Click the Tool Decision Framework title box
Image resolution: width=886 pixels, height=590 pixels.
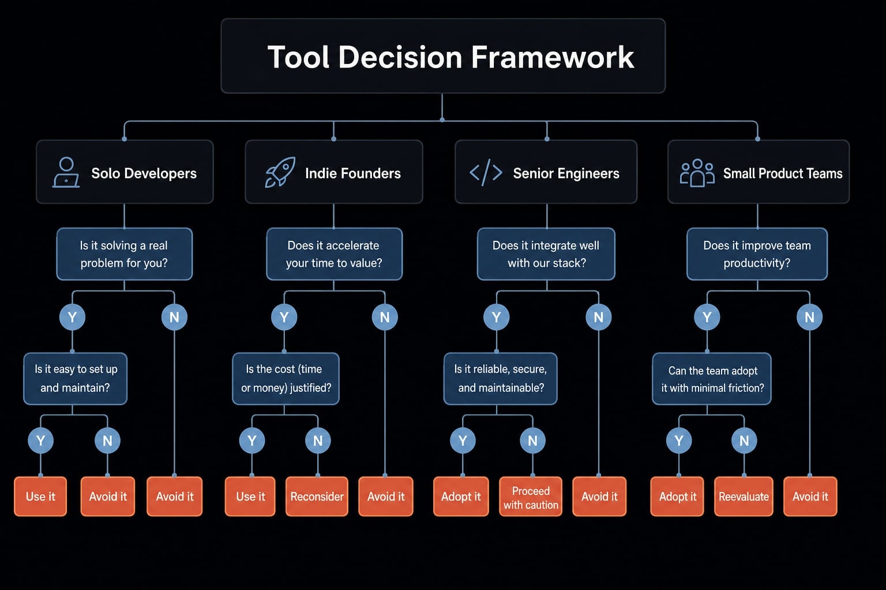pos(443,56)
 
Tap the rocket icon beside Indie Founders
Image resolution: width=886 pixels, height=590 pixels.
pos(280,172)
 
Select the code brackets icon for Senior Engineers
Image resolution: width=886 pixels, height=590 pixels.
pos(486,173)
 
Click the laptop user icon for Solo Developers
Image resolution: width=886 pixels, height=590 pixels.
pos(66,172)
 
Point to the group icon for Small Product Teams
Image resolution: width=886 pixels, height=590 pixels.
pos(697,173)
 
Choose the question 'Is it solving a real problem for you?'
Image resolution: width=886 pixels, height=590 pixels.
pos(125,254)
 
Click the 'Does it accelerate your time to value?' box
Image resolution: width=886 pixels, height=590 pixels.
pos(334,254)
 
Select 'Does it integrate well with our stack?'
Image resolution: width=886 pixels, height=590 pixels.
pos(546,254)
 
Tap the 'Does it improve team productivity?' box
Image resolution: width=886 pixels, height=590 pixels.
pos(757,254)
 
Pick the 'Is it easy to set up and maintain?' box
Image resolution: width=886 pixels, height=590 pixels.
pos(76,379)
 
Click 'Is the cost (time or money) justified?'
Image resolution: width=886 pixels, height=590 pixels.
pos(286,379)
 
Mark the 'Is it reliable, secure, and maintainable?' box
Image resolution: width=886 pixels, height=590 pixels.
pos(500,379)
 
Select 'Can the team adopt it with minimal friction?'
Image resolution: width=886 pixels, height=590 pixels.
pos(712,379)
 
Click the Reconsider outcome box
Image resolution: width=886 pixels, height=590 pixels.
pos(317,496)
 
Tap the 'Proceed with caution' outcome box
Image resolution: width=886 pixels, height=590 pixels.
pos(531,496)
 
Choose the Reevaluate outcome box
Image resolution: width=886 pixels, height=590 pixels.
pos(744,496)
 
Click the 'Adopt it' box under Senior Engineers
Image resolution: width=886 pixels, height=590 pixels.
pos(461,496)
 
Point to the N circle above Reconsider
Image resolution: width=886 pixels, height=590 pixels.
pos(318,440)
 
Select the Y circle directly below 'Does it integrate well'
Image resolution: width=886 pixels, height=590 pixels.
pos(497,317)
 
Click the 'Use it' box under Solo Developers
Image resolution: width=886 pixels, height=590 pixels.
pos(40,496)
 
